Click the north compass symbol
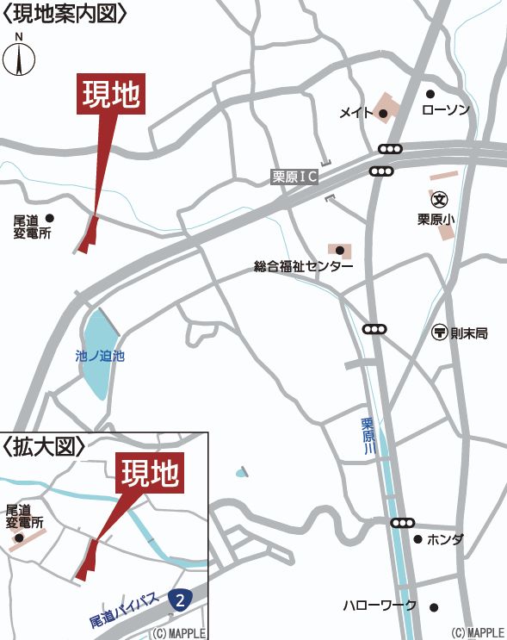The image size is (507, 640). [19, 57]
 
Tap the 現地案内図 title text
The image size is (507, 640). [66, 13]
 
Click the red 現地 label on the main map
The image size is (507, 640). [111, 95]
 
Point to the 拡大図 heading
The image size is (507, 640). [45, 446]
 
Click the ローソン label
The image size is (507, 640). [445, 110]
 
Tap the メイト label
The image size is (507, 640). [356, 113]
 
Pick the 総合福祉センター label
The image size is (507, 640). [303, 266]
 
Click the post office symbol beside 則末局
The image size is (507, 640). [438, 332]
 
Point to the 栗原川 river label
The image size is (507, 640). [368, 435]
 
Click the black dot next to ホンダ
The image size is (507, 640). [417, 539]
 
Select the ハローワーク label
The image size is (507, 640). [380, 606]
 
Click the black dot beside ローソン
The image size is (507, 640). [430, 94]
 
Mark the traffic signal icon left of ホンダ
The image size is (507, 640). [402, 523]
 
